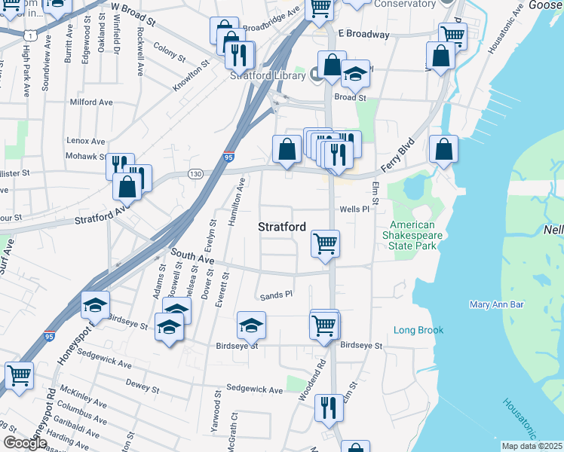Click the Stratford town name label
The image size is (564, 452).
pyautogui.click(x=282, y=226)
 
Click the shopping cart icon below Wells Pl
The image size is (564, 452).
pyautogui.click(x=325, y=243)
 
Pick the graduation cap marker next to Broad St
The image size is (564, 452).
pyautogui.click(x=355, y=74)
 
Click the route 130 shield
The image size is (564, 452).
pyautogui.click(x=195, y=174)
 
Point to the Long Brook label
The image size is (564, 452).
pyautogui.click(x=418, y=330)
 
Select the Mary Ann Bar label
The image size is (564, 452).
pyautogui.click(x=496, y=304)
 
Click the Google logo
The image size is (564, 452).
pyautogui.click(x=24, y=443)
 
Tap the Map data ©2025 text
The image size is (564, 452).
pyautogui.click(x=531, y=445)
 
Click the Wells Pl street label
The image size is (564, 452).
pyautogui.click(x=355, y=209)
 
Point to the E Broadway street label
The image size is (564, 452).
pyautogui.click(x=363, y=35)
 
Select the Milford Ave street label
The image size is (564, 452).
pyautogui.click(x=90, y=102)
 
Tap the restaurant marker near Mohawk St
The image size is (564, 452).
pyautogui.click(x=119, y=163)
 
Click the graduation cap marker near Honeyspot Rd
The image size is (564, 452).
pyautogui.click(x=95, y=305)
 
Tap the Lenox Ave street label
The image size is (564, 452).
pyautogui.click(x=86, y=141)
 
